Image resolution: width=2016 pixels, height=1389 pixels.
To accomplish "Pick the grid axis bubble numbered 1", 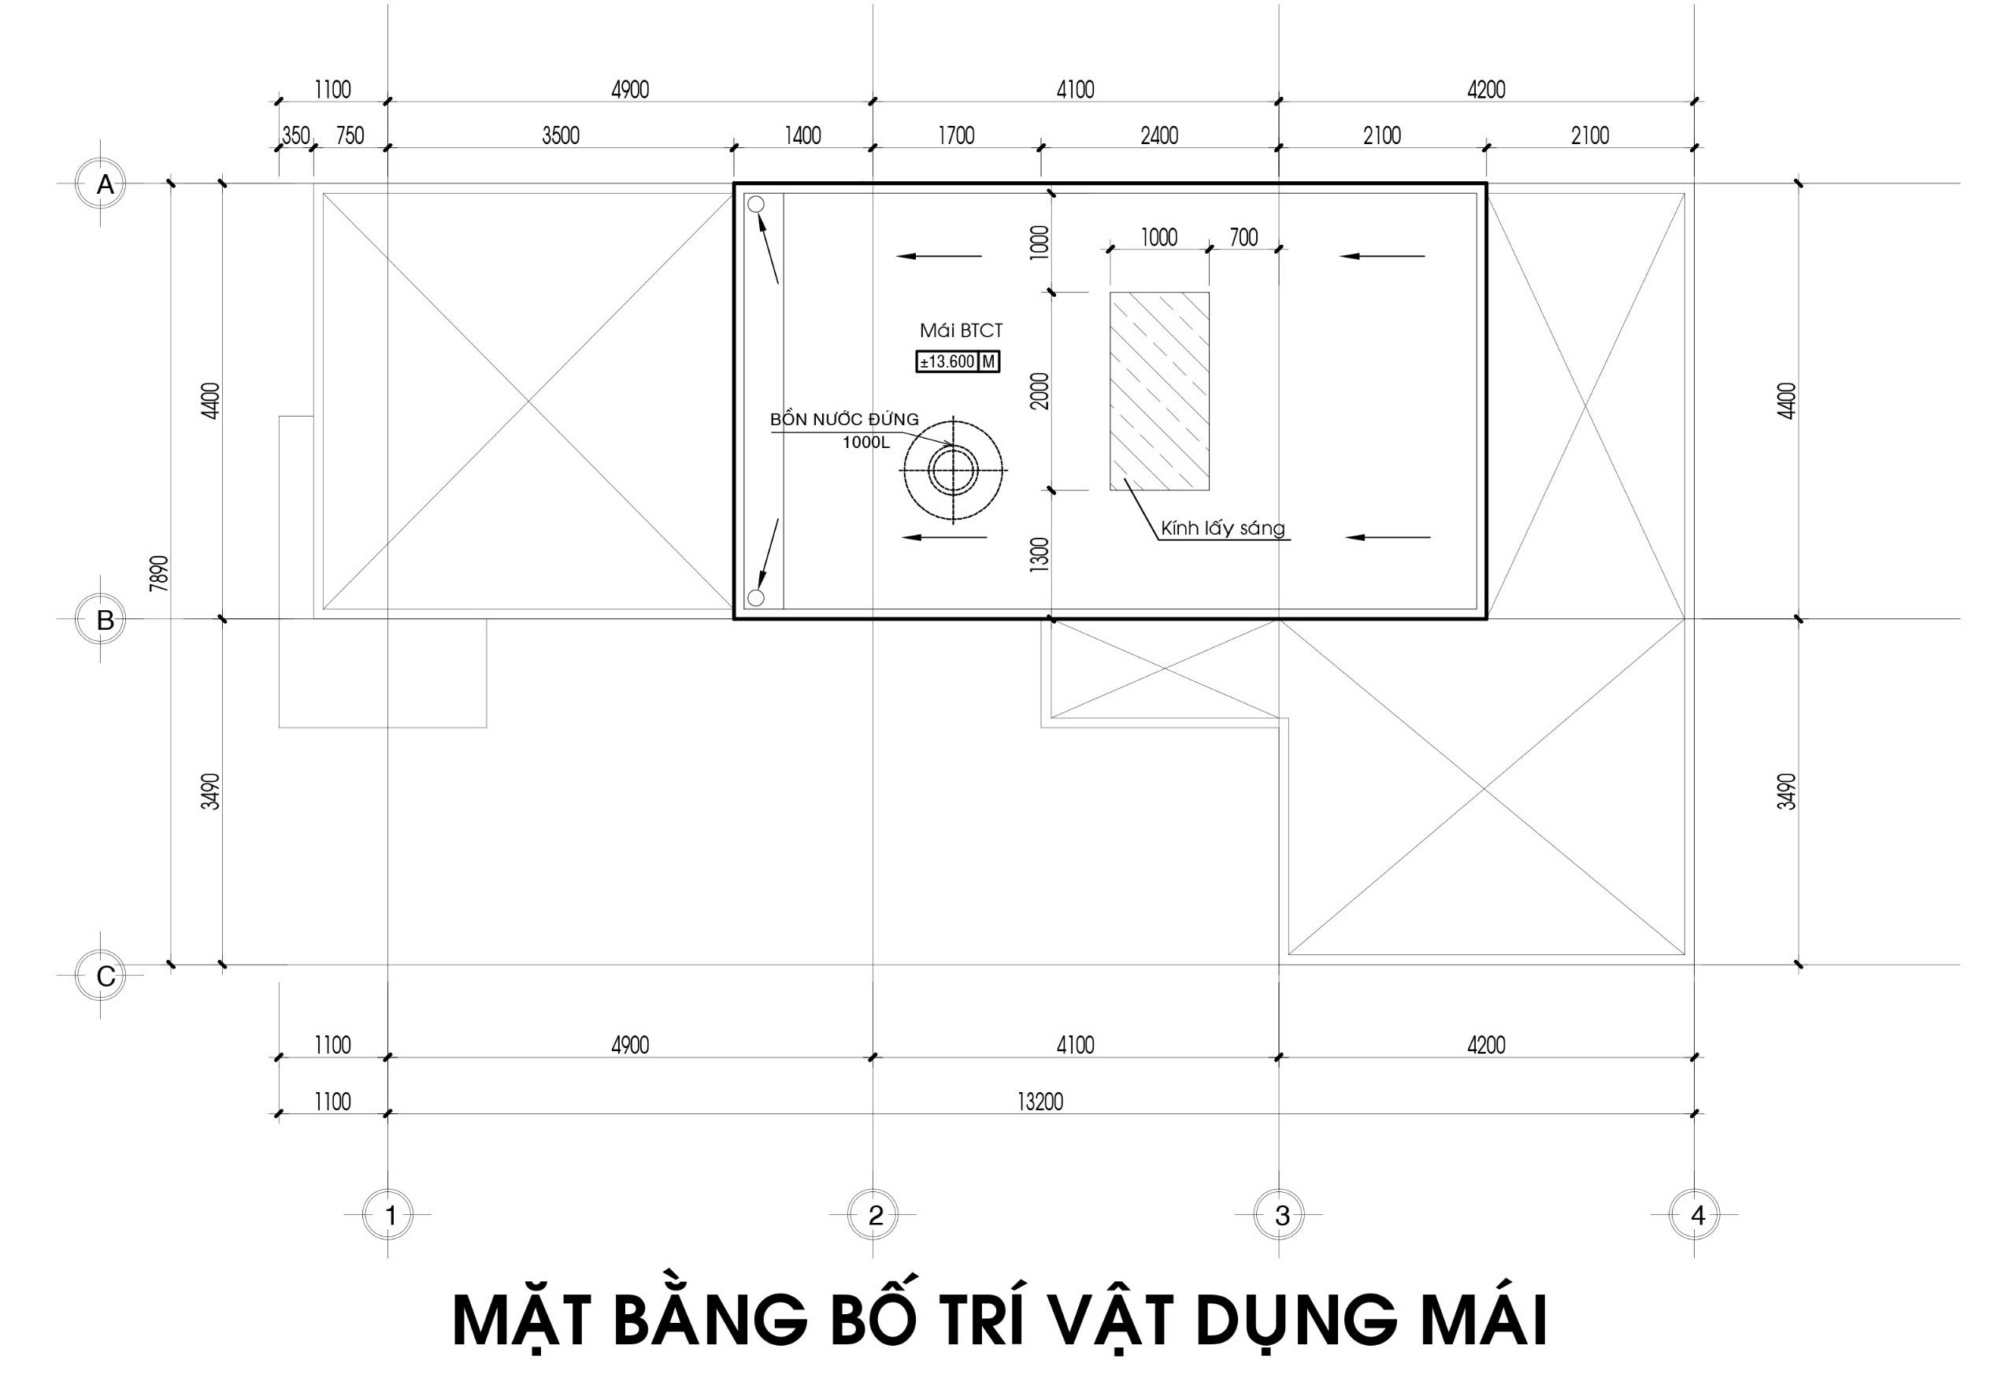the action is click(388, 1214).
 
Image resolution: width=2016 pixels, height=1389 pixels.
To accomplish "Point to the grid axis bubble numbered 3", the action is click(1280, 1214).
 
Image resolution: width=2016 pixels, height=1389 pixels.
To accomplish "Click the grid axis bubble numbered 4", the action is click(1695, 1214).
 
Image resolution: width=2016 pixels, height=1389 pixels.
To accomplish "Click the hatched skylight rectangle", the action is click(1158, 391).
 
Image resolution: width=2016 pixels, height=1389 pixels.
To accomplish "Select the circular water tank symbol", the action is click(953, 469).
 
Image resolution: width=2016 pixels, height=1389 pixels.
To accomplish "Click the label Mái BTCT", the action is click(961, 331).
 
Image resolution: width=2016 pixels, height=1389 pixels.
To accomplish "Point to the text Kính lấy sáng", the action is click(1222, 528).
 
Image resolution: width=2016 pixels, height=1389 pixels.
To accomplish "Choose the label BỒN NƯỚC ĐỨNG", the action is click(844, 420).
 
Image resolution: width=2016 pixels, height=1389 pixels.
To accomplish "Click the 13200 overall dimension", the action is click(1040, 1102).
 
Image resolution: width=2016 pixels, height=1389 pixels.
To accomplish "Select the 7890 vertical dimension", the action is click(159, 573).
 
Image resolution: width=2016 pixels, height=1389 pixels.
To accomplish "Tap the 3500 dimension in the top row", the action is click(561, 135).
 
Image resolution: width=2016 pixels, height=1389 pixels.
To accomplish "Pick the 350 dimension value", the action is click(296, 135).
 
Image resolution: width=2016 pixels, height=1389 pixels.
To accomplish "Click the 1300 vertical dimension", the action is click(1039, 554).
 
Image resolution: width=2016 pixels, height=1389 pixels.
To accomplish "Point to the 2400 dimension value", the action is click(1159, 135).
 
